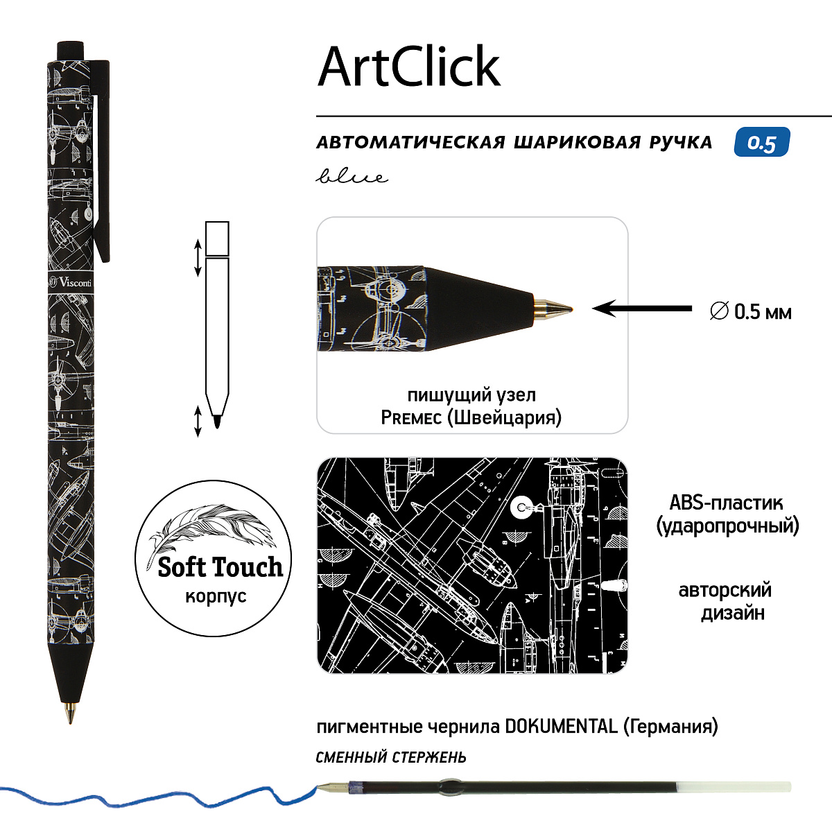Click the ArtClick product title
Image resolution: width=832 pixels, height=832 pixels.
click(x=409, y=67)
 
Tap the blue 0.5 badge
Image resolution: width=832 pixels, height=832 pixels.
click(x=762, y=141)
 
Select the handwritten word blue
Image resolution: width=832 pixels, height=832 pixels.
click(x=352, y=175)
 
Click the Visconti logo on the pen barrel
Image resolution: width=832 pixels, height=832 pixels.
click(x=71, y=282)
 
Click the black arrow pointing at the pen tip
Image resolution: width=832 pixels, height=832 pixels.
click(x=642, y=309)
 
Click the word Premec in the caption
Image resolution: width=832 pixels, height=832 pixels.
click(x=411, y=418)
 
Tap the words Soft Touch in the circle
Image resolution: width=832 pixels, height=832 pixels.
click(x=220, y=567)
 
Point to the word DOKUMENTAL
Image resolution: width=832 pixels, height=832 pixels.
click(x=562, y=727)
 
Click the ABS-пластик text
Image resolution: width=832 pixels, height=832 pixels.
click(x=726, y=503)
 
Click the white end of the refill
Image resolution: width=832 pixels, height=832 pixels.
click(x=734, y=787)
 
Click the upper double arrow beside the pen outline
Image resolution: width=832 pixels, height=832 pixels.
click(x=198, y=258)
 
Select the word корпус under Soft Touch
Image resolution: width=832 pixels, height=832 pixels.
click(x=216, y=596)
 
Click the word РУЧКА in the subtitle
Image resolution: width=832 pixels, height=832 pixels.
click(x=681, y=143)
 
